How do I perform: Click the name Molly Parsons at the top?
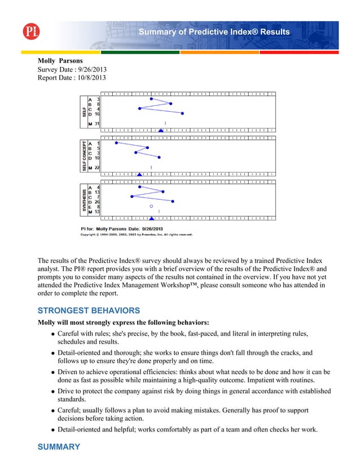click(59, 60)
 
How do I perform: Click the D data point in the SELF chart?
click(182, 113)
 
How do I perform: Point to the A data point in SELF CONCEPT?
click(116, 143)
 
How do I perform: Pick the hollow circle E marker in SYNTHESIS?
click(151, 206)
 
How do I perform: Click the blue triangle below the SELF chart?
click(161, 131)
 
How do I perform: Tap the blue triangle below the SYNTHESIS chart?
click(151, 218)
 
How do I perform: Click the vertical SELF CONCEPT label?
click(84, 156)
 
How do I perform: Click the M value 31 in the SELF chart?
click(97, 124)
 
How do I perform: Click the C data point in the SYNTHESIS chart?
click(131, 196)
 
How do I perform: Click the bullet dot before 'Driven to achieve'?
click(52, 373)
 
